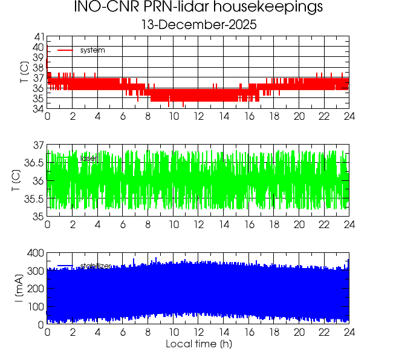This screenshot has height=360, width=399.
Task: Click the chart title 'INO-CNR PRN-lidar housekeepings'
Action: tap(198, 8)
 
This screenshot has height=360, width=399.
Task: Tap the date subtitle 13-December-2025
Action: tap(198, 25)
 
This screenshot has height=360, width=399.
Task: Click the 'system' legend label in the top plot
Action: tap(92, 50)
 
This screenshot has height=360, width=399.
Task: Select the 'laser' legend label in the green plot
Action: tap(88, 159)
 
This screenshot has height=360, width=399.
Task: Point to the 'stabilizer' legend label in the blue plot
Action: tap(96, 266)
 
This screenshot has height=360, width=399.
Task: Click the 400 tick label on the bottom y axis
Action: tap(35, 253)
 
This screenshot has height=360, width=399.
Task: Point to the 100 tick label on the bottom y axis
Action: tap(35, 307)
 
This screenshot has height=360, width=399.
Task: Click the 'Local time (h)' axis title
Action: tap(198, 344)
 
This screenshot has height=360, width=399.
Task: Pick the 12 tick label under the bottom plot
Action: tap(198, 332)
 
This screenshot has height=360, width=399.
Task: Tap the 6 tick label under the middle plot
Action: tap(123, 224)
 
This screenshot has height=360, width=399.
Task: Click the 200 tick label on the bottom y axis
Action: tap(35, 289)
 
